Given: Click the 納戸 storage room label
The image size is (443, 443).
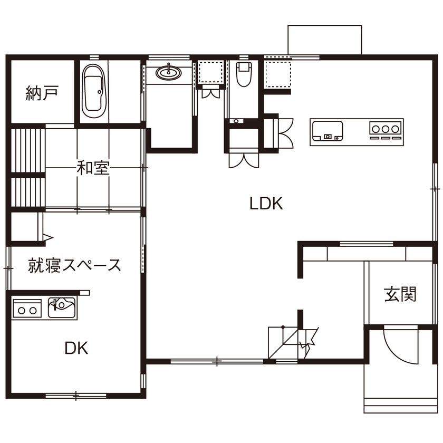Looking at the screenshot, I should point(42,93).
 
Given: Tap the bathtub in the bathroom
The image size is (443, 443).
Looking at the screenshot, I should point(94,91).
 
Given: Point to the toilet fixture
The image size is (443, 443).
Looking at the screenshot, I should point(243,74).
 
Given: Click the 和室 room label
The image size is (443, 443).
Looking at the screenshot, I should point(93,168).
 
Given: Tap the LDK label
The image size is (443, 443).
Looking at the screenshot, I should point(266,204).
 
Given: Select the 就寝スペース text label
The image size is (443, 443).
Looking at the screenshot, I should point(74,265).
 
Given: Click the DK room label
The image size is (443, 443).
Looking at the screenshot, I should point(76,348).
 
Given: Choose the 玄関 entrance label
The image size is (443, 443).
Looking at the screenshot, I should point(400,294).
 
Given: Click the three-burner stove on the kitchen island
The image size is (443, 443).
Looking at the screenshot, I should point(386,129).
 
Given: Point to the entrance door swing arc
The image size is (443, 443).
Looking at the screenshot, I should point(398,345).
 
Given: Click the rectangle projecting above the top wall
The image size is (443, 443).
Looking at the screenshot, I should point(324,40).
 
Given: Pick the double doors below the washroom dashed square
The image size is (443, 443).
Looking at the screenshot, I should point(211,93).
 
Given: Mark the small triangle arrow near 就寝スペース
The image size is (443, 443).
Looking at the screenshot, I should point(47,238).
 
